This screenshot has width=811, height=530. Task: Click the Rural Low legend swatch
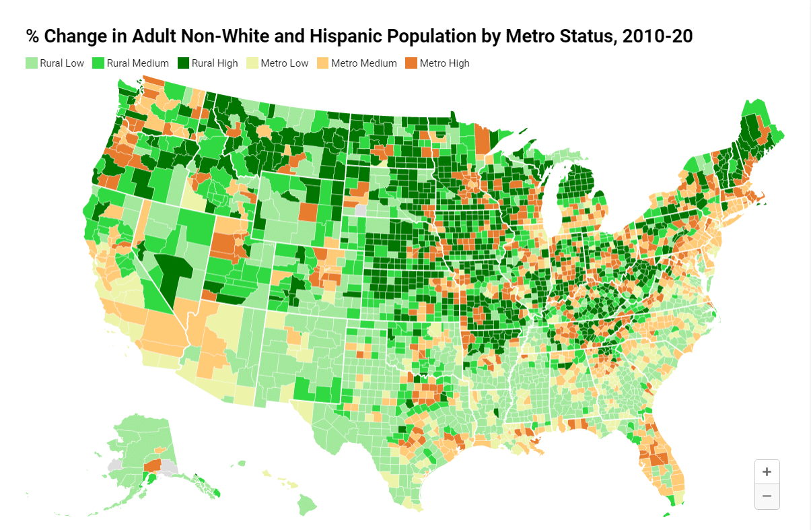click(31, 63)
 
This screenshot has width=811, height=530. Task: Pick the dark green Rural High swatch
click(183, 63)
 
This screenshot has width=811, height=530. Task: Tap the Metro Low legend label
click(285, 63)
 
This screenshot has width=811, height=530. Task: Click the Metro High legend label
click(444, 63)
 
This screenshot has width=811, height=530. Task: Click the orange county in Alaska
click(153, 465)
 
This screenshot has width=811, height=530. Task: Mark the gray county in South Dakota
click(361, 209)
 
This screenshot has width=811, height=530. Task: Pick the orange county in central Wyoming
click(308, 211)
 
